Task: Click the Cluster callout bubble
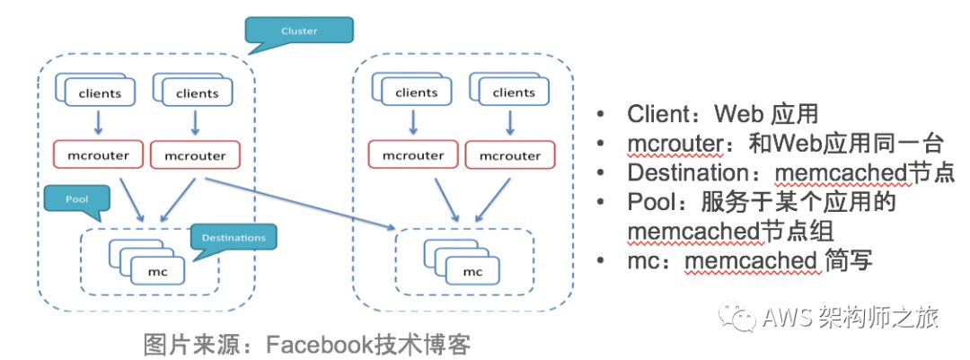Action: pyautogui.click(x=299, y=31)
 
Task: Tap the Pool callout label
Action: pyautogui.click(x=75, y=198)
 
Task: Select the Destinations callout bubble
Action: pyautogui.click(x=233, y=238)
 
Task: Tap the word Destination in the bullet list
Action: pyautogui.click(x=688, y=172)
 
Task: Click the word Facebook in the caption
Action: pyautogui.click(x=326, y=344)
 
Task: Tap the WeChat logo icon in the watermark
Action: pyautogui.click(x=742, y=316)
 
